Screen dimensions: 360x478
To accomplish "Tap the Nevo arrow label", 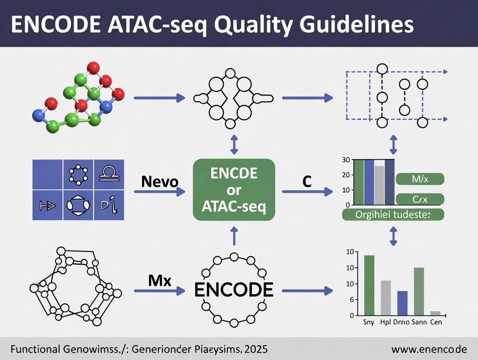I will tap(159, 182).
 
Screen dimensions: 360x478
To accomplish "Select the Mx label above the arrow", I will tap(160, 281).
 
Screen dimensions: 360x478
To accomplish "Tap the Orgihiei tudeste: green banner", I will tap(393, 215).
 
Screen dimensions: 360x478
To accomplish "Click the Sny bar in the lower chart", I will tap(369, 285).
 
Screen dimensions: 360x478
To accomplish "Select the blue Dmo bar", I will tap(402, 303).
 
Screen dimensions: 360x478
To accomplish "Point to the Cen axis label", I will tap(435, 322).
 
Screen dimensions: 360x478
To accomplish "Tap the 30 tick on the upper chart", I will tap(346, 160).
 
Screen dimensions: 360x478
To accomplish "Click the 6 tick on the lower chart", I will tap(352, 300).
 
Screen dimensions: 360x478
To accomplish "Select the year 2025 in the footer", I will tap(255, 349).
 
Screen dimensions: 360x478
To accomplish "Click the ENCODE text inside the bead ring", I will tap(234, 289).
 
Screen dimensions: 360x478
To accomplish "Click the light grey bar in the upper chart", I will tap(379, 185).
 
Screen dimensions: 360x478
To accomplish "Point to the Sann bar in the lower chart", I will tap(419, 291).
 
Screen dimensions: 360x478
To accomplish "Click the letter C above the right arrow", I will tap(307, 182).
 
